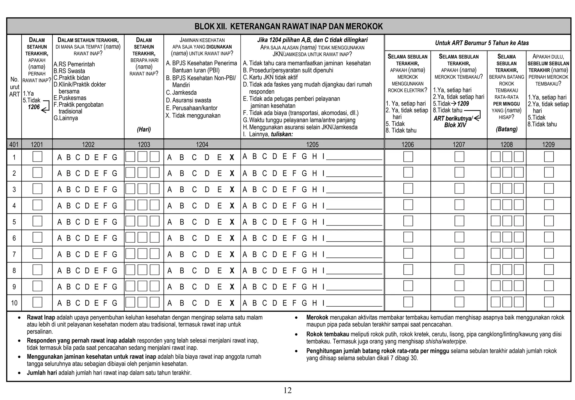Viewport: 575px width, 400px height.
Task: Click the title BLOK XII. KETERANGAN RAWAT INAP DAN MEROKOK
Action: click(x=288, y=26)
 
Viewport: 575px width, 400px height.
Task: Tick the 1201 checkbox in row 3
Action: click(x=37, y=189)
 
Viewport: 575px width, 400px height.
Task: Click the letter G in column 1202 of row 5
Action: click(x=115, y=222)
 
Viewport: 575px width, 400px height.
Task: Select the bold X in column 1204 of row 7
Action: click(x=232, y=255)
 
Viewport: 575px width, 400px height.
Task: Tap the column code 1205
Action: click(x=312, y=145)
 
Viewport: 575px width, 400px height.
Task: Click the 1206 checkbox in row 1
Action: click(x=408, y=157)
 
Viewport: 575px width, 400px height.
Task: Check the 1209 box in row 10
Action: click(x=549, y=302)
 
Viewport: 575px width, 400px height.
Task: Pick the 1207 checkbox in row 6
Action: click(x=459, y=237)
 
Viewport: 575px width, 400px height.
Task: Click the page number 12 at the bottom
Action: click(x=287, y=390)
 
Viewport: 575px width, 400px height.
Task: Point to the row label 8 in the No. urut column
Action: click(x=14, y=271)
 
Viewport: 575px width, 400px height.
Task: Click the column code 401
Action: click(x=14, y=145)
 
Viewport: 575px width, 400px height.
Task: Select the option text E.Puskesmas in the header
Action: click(x=70, y=98)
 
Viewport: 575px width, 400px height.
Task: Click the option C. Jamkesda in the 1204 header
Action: click(x=181, y=93)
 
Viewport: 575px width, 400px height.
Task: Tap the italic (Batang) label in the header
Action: click(x=506, y=129)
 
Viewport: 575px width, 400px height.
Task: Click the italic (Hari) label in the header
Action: click(x=144, y=129)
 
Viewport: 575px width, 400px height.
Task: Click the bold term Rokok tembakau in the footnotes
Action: click(x=327, y=334)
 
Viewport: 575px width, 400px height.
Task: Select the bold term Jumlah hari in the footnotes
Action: click(x=42, y=373)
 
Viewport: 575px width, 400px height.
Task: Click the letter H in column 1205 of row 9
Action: click(x=314, y=287)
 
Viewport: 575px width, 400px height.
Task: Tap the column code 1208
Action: click(x=506, y=145)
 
